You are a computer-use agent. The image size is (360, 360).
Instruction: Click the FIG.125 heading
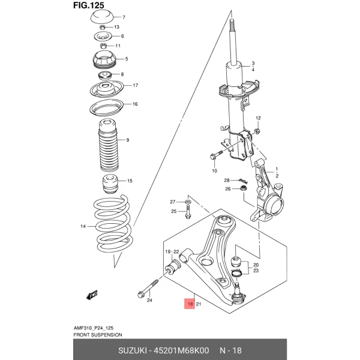tap(88, 6)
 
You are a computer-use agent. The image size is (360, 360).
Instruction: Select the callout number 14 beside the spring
tap(83, 226)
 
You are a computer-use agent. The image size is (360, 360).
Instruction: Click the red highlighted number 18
tap(190, 305)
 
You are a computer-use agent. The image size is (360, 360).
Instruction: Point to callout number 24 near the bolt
tap(149, 300)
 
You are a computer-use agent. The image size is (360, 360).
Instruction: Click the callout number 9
tap(127, 140)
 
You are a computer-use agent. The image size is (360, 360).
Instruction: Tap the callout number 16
tap(135, 104)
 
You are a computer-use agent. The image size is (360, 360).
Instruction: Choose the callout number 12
tap(259, 118)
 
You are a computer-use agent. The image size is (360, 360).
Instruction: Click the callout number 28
tap(227, 181)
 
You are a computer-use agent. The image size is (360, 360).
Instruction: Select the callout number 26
tap(227, 190)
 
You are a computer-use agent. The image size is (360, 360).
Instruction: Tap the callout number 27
tap(172, 202)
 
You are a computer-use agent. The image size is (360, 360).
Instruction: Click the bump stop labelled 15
tap(109, 183)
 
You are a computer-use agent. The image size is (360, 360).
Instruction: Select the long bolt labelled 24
tap(149, 287)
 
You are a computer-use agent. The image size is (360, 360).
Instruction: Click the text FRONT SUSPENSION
tap(97, 334)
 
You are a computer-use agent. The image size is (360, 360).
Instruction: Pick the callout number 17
tap(135, 86)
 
